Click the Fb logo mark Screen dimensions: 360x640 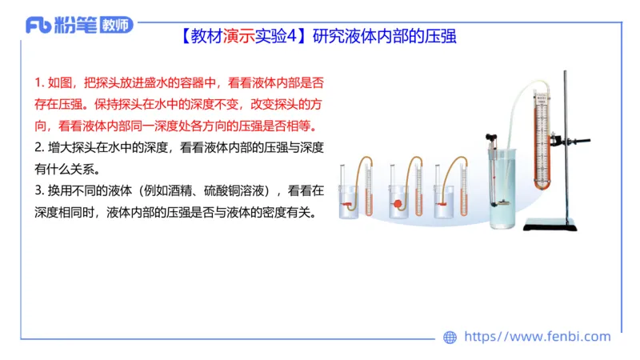pos(39,26)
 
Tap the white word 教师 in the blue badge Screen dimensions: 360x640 pos(116,26)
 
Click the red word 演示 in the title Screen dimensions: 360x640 pos(238,36)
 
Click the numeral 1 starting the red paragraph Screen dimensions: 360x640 pos(38,83)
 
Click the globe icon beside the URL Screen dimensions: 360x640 pos(450,338)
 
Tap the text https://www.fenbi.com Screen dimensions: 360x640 pos(538,337)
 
